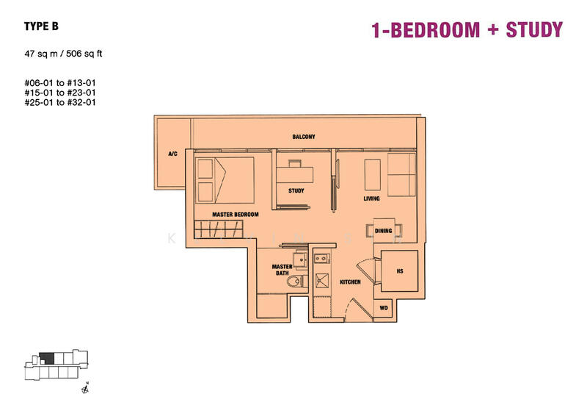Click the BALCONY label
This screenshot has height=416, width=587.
pos(304,137)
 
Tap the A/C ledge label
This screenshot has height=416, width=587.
pos(173,154)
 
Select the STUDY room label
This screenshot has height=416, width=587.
pos(296,191)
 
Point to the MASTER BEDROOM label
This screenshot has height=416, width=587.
pos(236,215)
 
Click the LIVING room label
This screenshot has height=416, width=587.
pos(371,198)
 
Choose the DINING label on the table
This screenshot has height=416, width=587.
pos(383,231)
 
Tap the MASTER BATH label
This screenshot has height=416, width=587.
pos(282,270)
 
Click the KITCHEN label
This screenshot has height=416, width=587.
pos(350,281)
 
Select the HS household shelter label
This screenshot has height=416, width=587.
pos(400,271)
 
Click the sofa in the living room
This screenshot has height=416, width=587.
pos(402,175)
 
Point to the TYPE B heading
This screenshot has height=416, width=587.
pos(41,26)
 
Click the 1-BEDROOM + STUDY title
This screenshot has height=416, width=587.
pos(467,30)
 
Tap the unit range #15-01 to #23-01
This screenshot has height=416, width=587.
pos(60,93)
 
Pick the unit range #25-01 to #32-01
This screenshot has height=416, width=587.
pos(60,103)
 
